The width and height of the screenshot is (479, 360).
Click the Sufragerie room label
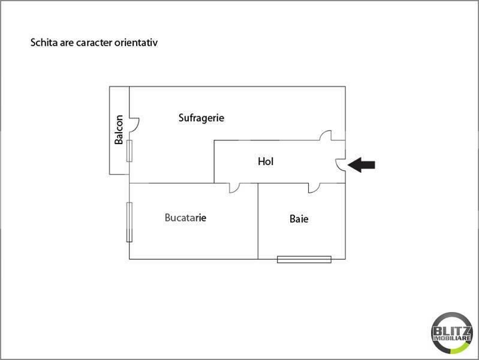pyautogui.click(x=201, y=118)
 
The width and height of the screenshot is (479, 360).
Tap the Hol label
pyautogui.click(x=266, y=161)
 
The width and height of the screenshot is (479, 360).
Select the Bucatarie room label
pyautogui.click(x=185, y=217)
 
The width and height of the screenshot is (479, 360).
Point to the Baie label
pyautogui.click(x=299, y=218)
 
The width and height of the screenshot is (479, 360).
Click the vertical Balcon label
pyautogui.click(x=119, y=130)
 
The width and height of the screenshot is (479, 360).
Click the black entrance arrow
pyautogui.click(x=361, y=165)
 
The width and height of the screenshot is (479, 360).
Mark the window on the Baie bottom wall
pyautogui.click(x=305, y=259)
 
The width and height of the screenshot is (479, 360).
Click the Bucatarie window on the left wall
pyautogui.click(x=129, y=222)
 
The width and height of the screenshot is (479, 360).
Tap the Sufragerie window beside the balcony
pyautogui.click(x=129, y=151)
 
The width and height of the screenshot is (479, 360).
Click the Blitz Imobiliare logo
pyautogui.click(x=452, y=333)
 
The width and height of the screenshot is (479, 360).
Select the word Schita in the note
pyautogui.click(x=44, y=43)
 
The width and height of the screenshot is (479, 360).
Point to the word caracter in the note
pyautogui.click(x=94, y=43)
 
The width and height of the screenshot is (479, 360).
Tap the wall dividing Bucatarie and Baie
pyautogui.click(x=258, y=221)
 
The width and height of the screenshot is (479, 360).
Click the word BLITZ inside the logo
pyautogui.click(x=452, y=331)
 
